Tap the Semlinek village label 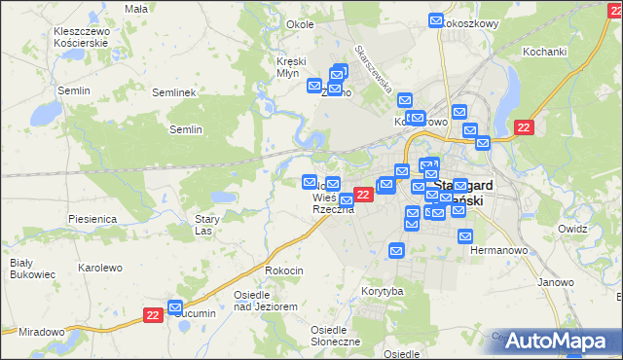[x=175, y=92]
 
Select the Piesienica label [x=92, y=220]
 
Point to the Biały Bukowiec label [x=21, y=269]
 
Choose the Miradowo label [x=41, y=332]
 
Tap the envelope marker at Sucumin [x=175, y=307]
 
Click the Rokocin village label [x=284, y=270]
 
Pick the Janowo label [x=557, y=282]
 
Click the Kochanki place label [x=544, y=51]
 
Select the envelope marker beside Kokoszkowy [x=436, y=20]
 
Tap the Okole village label [x=274, y=23]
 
